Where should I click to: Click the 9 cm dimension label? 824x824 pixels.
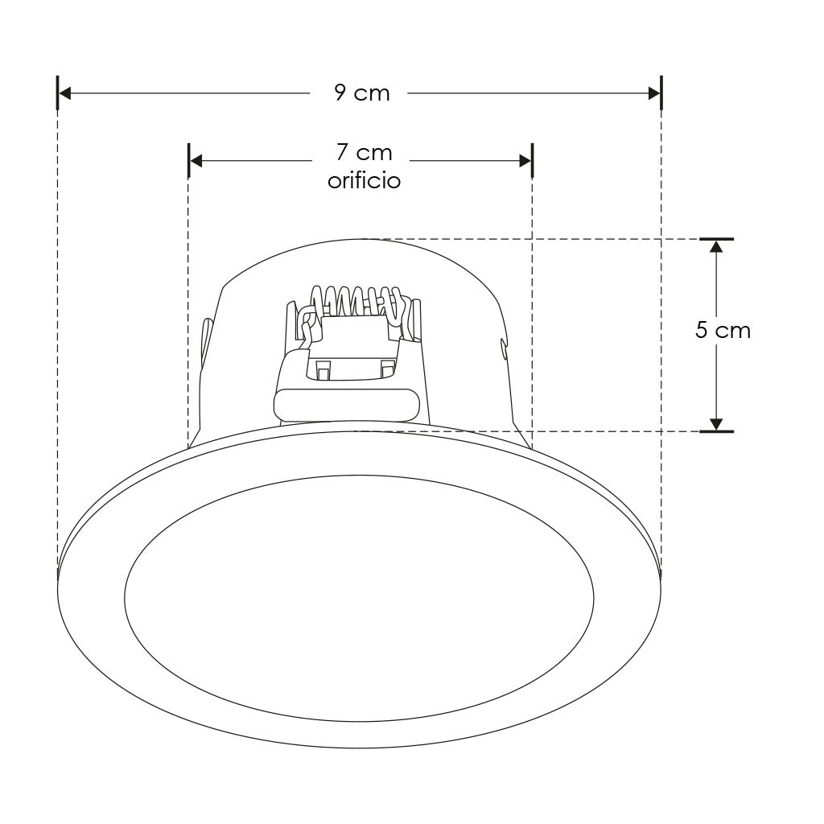362,93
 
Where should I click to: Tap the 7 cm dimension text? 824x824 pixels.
365,152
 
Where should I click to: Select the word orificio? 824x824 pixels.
365,180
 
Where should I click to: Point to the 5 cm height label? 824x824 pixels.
723,331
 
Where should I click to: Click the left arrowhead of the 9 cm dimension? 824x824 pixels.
64,93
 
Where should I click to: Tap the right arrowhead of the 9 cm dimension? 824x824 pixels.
654,93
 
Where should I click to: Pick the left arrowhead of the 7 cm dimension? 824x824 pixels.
196,161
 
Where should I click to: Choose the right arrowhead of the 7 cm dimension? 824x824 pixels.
525,161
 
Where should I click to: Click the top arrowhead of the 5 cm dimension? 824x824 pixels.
716,246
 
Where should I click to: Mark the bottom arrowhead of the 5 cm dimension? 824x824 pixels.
716,425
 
